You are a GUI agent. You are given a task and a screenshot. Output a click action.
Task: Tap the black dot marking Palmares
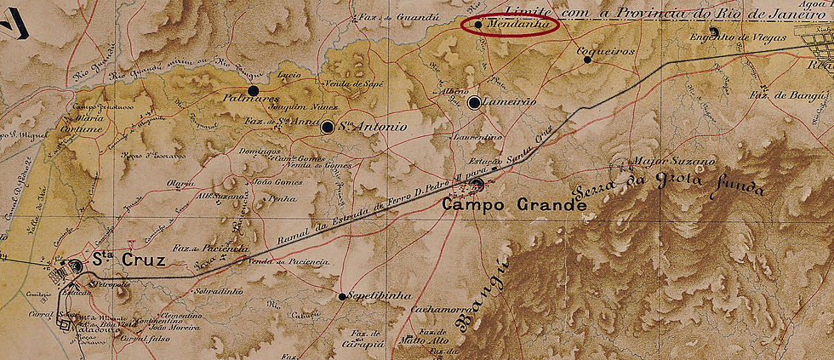point(252,90)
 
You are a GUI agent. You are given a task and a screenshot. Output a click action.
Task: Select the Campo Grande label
point(514,205)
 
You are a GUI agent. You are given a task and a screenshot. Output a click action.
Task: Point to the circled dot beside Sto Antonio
point(328,127)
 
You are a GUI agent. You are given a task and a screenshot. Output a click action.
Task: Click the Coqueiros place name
point(607,50)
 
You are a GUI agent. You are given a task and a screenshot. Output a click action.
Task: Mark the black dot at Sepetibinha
point(342,297)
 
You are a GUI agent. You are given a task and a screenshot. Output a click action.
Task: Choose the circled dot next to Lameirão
point(474,103)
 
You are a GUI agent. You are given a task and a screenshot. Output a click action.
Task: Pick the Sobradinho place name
point(219,290)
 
